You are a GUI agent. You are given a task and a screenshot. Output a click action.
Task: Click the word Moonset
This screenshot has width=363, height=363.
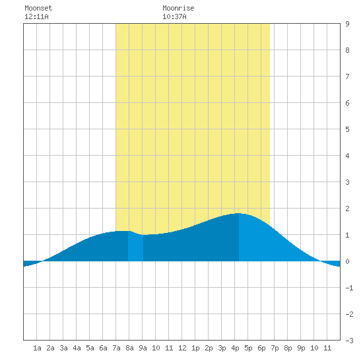[38, 8]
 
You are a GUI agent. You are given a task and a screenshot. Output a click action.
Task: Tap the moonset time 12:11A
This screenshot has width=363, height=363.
[36, 16]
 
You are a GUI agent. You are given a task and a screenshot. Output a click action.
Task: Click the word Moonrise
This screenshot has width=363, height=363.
[178, 8]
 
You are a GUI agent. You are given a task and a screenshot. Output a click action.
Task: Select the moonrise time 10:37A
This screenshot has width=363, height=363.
[174, 16]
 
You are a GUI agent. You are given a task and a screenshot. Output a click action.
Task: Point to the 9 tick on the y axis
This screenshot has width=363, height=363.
[347, 24]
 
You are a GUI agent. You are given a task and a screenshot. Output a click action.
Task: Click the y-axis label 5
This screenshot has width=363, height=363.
[347, 129]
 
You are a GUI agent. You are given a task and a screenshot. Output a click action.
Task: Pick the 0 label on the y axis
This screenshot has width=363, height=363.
[347, 261]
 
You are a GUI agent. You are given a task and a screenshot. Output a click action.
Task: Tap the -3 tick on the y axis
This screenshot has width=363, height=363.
[349, 341]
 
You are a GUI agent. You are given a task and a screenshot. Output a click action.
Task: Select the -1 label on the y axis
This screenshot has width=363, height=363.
[349, 288]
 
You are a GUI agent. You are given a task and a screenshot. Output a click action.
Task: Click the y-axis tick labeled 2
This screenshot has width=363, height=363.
[347, 209]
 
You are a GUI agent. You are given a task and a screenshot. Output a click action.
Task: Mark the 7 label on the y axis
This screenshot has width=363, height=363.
[347, 77]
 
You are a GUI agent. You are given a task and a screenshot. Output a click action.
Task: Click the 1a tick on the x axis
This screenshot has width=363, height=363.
[37, 348]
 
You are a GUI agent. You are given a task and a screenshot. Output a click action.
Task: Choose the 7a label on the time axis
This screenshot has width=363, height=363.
[116, 348]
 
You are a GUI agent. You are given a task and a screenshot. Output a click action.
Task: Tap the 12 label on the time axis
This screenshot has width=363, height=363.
[182, 348]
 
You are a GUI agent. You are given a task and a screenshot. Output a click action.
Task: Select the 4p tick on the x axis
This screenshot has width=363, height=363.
[235, 348]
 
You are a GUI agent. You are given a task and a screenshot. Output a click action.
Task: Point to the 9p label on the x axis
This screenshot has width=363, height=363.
[301, 348]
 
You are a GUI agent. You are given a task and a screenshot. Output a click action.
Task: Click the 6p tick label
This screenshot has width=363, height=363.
[261, 348]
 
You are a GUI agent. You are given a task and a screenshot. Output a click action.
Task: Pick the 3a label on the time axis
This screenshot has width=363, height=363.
[63, 348]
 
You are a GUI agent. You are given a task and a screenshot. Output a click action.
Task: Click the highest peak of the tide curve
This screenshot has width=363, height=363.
[238, 213]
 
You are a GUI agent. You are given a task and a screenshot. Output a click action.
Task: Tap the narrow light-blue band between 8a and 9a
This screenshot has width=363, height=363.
[135, 247]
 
